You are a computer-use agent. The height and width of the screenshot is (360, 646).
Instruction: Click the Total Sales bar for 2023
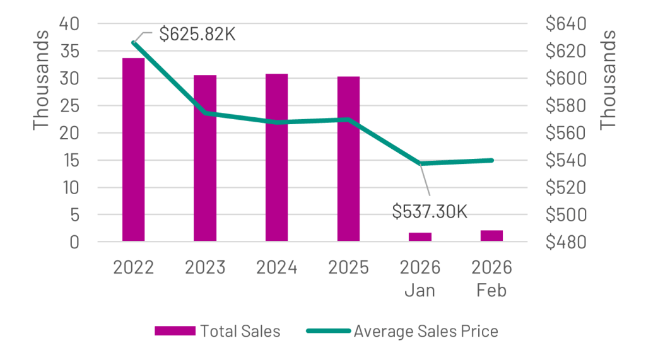(205, 158)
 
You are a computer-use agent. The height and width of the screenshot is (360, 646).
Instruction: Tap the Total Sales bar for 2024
(277, 157)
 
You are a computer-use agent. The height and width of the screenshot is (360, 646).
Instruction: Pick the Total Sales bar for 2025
(348, 159)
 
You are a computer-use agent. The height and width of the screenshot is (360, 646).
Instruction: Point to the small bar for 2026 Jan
(420, 236)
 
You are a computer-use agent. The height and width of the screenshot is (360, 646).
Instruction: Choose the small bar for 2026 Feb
(491, 236)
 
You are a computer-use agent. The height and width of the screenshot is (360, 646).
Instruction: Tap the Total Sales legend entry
(218, 332)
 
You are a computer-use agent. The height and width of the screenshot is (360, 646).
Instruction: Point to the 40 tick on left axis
(71, 24)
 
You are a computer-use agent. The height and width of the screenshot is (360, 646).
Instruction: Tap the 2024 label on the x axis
(277, 267)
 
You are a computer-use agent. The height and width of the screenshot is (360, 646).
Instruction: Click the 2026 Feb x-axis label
(491, 279)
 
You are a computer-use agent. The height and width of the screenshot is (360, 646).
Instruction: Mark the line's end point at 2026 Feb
(491, 160)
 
